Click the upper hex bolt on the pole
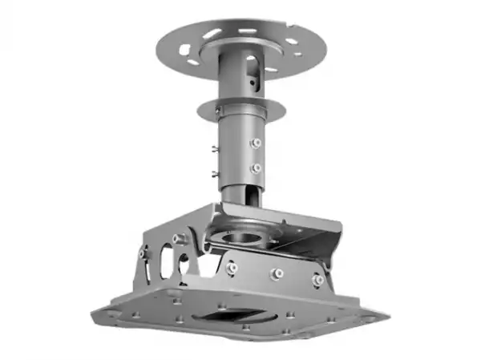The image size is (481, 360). [256, 143]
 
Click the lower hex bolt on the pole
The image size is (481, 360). [256, 168]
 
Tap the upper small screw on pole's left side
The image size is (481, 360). [213, 148]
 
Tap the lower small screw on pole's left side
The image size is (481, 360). [213, 173]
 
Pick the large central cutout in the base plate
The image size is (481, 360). [232, 314]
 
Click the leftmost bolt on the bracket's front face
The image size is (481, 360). [232, 268]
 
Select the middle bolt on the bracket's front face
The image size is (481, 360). [277, 273]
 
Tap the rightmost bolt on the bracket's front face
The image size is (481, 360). [318, 280]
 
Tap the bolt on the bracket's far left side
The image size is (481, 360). [143, 254]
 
